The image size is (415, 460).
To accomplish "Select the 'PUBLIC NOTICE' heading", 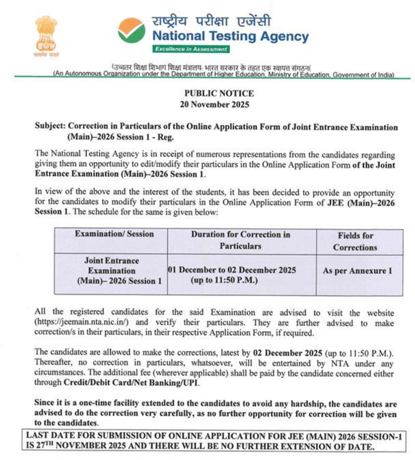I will coord(219,94).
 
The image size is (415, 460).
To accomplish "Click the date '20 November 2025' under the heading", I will coord(219,104).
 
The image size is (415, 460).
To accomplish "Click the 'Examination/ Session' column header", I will coord(114,234).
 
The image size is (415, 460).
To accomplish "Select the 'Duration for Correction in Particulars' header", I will coord(241,240).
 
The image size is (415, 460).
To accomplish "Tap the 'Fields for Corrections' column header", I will coord(356,240).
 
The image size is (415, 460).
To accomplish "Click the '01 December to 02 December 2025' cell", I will coord(232,270).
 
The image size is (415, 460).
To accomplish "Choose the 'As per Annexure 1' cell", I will coord(357,271).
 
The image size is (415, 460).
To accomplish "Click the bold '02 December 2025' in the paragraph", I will coord(288,353).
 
